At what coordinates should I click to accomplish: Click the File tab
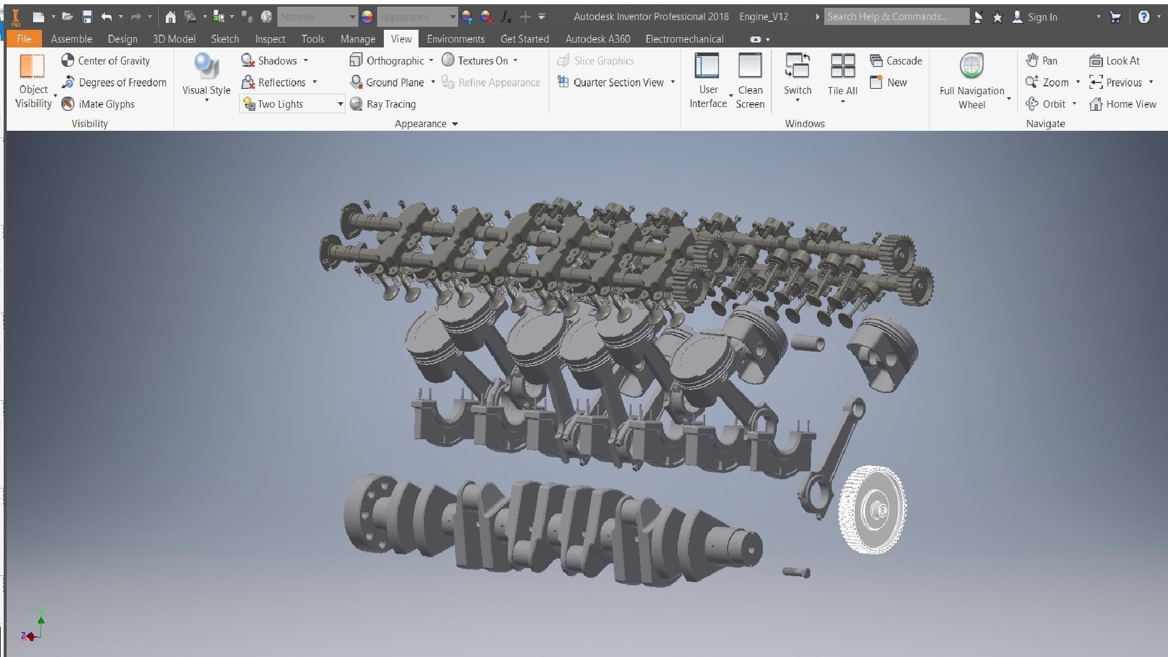coord(24,39)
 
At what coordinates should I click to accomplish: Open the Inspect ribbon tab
coord(270,39)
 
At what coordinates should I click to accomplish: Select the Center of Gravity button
coord(106,61)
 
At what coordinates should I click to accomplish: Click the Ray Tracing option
coord(383,104)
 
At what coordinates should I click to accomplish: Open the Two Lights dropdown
coord(340,104)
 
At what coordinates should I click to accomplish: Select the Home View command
coord(1123,104)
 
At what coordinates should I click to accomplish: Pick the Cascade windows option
coord(896,61)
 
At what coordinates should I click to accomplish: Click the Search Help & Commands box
coord(895,17)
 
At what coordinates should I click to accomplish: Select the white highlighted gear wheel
coord(873,510)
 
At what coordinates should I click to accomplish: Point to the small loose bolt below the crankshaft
coord(796,572)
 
